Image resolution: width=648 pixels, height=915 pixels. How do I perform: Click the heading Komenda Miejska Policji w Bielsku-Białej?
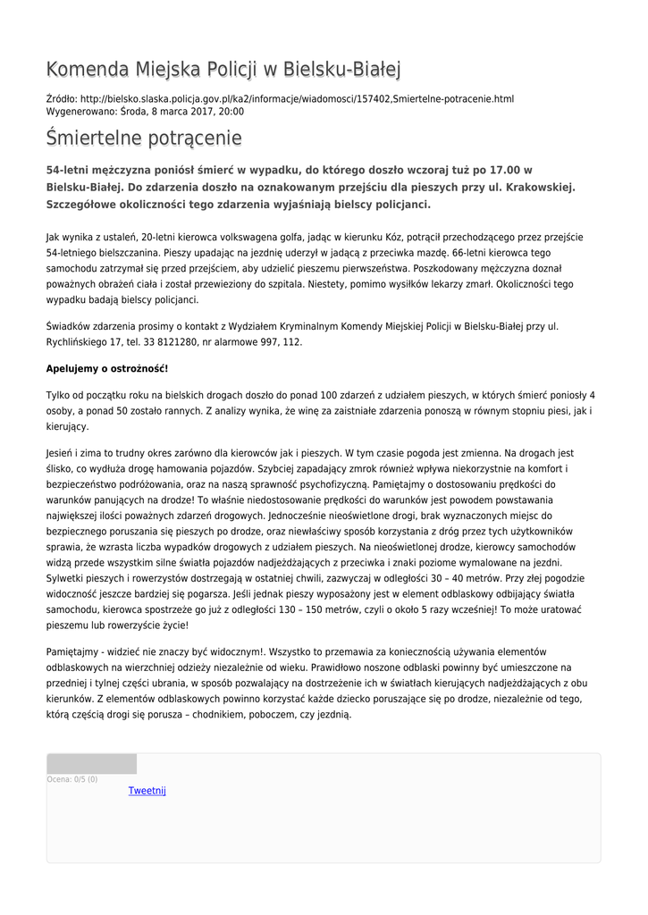(223, 70)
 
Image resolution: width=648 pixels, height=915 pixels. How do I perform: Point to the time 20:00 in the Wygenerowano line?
(231, 112)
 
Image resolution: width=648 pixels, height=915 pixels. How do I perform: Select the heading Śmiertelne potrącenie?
(144, 139)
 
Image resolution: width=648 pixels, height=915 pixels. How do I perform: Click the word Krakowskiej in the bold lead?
(539, 187)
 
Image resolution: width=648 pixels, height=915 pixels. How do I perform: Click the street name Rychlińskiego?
(77, 342)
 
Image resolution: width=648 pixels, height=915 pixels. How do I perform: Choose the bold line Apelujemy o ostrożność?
(107, 368)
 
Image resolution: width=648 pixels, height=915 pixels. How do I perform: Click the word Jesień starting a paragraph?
(63, 452)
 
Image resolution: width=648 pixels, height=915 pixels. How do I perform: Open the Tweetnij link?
(147, 791)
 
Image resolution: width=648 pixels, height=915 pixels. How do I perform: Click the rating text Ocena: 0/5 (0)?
(72, 779)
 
